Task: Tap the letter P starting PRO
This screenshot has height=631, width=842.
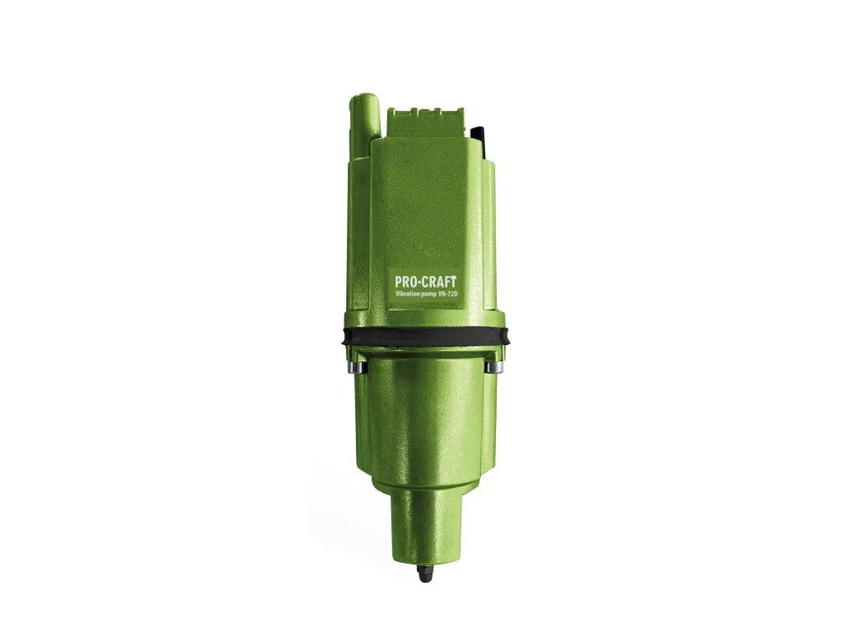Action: point(399,282)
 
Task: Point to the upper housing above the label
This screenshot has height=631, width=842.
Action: point(425,202)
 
